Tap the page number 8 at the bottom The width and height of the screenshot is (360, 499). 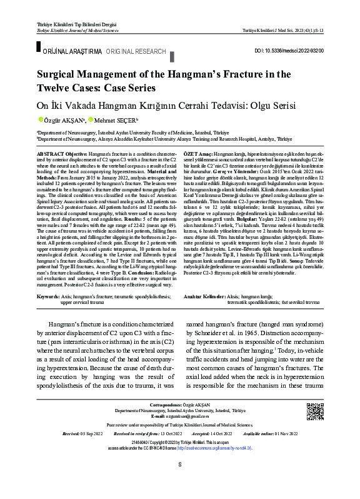[180, 481]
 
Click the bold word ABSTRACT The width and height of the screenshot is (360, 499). [51, 153]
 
